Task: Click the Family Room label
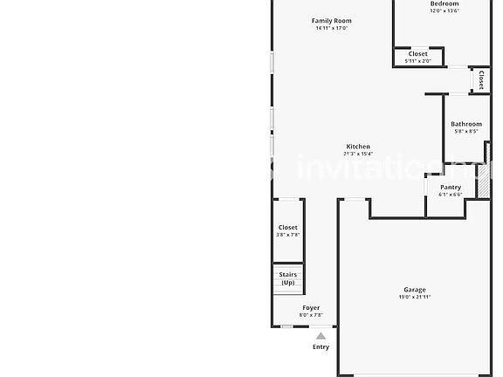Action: click(x=332, y=20)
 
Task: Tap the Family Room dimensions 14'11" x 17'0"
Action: click(x=332, y=28)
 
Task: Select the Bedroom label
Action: click(x=444, y=4)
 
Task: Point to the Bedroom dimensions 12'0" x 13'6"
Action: click(x=444, y=11)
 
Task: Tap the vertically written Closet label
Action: click(x=480, y=80)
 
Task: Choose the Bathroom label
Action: click(x=466, y=124)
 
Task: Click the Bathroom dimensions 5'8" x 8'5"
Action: click(x=466, y=132)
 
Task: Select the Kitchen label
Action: click(x=358, y=147)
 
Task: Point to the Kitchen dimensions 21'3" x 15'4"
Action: click(x=358, y=154)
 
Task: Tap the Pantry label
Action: click(x=451, y=187)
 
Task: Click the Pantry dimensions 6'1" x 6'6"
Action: click(x=451, y=195)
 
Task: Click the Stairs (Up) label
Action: click(x=288, y=278)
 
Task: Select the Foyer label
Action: click(x=311, y=307)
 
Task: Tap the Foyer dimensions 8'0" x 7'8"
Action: click(x=311, y=315)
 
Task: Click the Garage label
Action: click(x=415, y=289)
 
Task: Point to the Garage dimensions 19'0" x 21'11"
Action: click(x=415, y=297)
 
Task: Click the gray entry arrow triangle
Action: click(x=321, y=336)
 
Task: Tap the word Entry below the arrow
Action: click(x=321, y=347)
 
